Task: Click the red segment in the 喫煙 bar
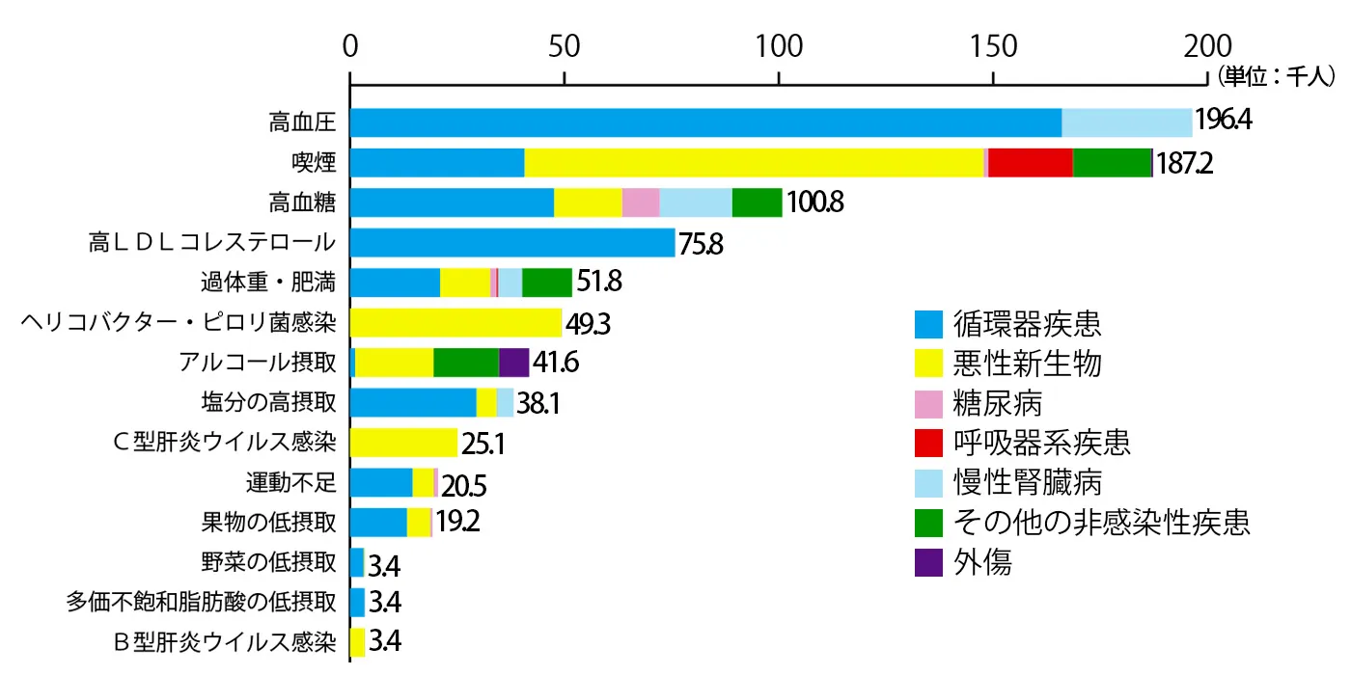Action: point(1031,163)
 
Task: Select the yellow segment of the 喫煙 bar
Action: point(754,163)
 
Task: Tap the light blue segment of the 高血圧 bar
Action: point(1127,123)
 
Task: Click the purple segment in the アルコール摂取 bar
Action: point(514,363)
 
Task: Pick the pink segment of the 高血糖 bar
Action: point(641,202)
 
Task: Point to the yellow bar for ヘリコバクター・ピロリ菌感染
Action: point(455,322)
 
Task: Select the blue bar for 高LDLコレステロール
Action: point(512,243)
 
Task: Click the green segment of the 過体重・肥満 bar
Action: point(547,283)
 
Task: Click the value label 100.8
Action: point(815,202)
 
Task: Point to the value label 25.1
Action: point(484,443)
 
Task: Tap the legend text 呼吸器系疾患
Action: point(1042,443)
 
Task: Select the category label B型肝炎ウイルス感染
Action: point(225,641)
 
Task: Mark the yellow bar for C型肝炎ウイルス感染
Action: point(403,443)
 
